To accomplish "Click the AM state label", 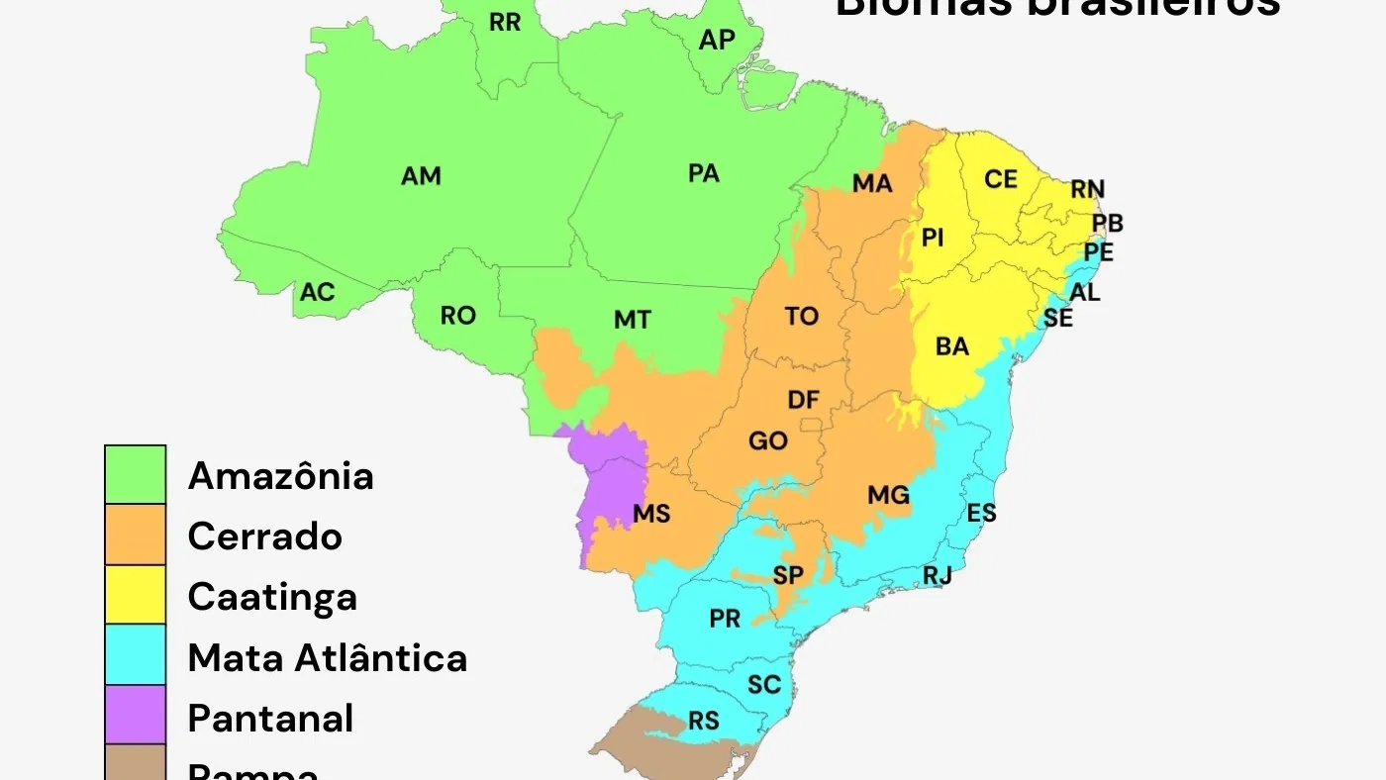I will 421,176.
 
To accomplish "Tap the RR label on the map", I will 505,22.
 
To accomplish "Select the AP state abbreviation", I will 717,41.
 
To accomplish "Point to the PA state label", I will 703,173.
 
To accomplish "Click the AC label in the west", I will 318,293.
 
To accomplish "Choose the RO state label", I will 458,316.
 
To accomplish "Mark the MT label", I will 633,320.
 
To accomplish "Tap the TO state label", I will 802,316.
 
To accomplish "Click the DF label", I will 803,400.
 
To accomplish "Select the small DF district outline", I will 812,426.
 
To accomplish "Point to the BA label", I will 952,346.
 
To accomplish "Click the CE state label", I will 1001,179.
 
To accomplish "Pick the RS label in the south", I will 704,721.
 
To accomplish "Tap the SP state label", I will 788,575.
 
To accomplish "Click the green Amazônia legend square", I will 136,475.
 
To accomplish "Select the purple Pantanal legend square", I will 136,715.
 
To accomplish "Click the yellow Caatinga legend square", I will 136,595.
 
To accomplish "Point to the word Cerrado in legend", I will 265,536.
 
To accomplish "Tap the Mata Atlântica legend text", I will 328,657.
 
